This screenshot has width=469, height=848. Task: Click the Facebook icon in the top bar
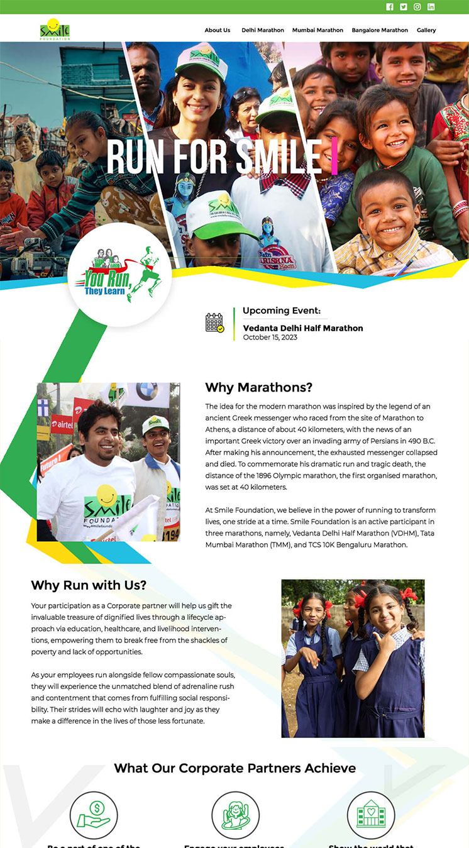click(390, 7)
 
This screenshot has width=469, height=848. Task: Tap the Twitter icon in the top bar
click(404, 7)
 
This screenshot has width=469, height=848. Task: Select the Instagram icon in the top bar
click(417, 7)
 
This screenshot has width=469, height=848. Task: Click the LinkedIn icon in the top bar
click(431, 7)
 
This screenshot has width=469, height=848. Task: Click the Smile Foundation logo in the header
click(55, 30)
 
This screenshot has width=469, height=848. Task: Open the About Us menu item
click(218, 30)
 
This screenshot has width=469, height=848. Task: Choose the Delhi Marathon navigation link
click(263, 30)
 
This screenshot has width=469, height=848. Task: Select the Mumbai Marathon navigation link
click(317, 30)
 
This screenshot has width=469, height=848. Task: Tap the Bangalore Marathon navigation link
click(380, 30)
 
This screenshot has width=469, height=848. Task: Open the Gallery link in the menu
click(426, 30)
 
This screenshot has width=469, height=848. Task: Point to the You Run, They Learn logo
click(119, 274)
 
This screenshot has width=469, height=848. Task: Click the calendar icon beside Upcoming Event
click(215, 322)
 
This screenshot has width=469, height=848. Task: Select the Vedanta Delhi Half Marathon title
click(303, 328)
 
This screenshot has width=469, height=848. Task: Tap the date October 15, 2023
click(270, 338)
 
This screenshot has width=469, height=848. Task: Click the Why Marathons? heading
click(259, 387)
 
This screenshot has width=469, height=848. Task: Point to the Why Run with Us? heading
click(89, 585)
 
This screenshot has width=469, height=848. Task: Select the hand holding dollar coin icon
click(94, 815)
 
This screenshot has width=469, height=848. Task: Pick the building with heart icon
click(371, 815)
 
